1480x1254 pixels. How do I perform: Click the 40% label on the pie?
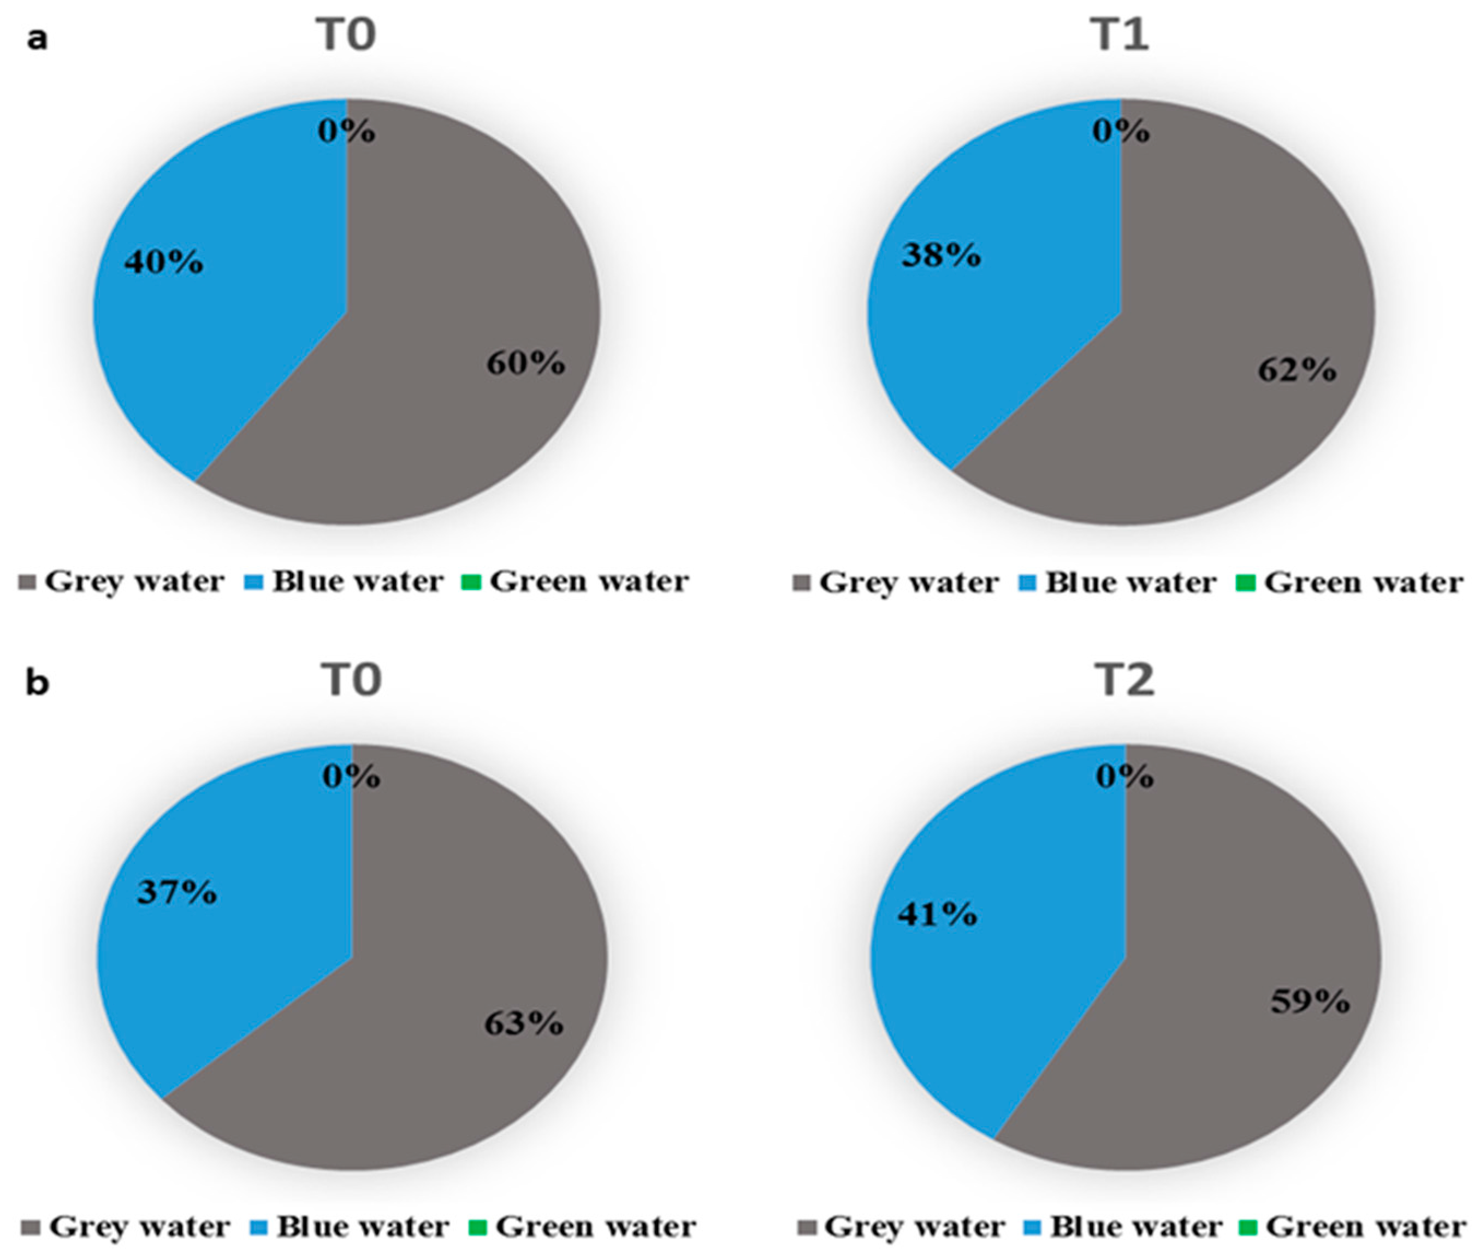[x=163, y=263]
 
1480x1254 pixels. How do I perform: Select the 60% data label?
[x=526, y=364]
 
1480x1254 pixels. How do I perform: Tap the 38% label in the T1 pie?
[x=941, y=255]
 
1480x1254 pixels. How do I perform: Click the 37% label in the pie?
[x=177, y=892]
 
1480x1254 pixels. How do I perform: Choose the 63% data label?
[x=524, y=1023]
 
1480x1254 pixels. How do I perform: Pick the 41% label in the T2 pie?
[x=937, y=915]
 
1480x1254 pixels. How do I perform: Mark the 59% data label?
[x=1310, y=1002]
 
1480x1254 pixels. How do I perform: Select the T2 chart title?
[x=1124, y=680]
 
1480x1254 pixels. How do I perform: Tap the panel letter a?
[x=37, y=39]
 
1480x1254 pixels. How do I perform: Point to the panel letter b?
[x=37, y=683]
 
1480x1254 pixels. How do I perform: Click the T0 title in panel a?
[x=346, y=36]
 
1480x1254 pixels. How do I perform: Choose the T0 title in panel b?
[x=352, y=680]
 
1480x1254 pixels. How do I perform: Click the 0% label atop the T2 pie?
[x=1124, y=776]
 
